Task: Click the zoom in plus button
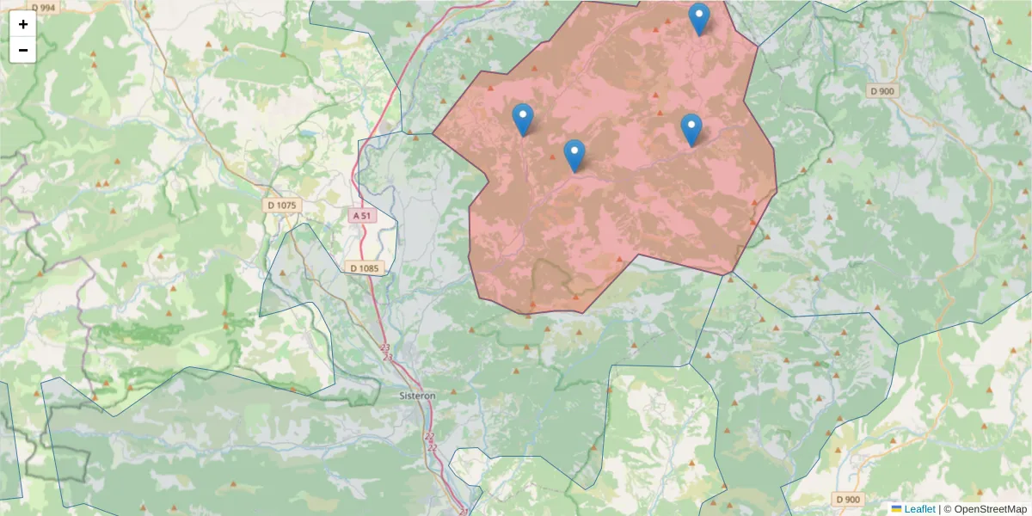tap(23, 24)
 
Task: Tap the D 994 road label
tap(42, 7)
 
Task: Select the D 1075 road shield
tap(281, 205)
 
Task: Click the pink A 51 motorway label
tap(361, 216)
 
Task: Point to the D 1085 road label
tap(364, 268)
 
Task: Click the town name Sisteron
tap(418, 396)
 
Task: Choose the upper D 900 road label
tap(881, 90)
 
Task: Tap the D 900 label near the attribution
tap(846, 499)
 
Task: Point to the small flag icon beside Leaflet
tap(896, 509)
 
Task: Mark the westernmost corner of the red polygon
tap(433, 134)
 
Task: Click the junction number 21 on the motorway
tap(464, 512)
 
